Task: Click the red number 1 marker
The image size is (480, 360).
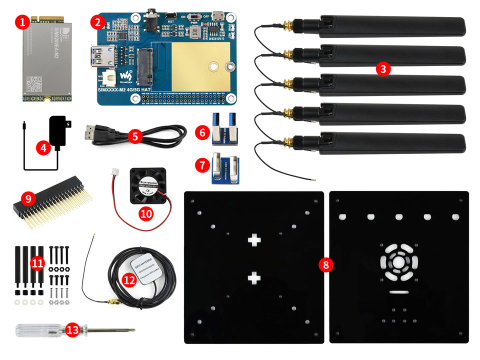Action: click(20, 21)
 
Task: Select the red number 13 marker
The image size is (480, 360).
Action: click(73, 330)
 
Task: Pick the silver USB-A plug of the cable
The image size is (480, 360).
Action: click(88, 134)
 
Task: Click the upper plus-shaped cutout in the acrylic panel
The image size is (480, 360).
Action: click(254, 240)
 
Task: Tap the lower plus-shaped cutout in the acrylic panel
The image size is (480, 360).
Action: click(254, 277)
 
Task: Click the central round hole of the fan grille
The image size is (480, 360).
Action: click(399, 262)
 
